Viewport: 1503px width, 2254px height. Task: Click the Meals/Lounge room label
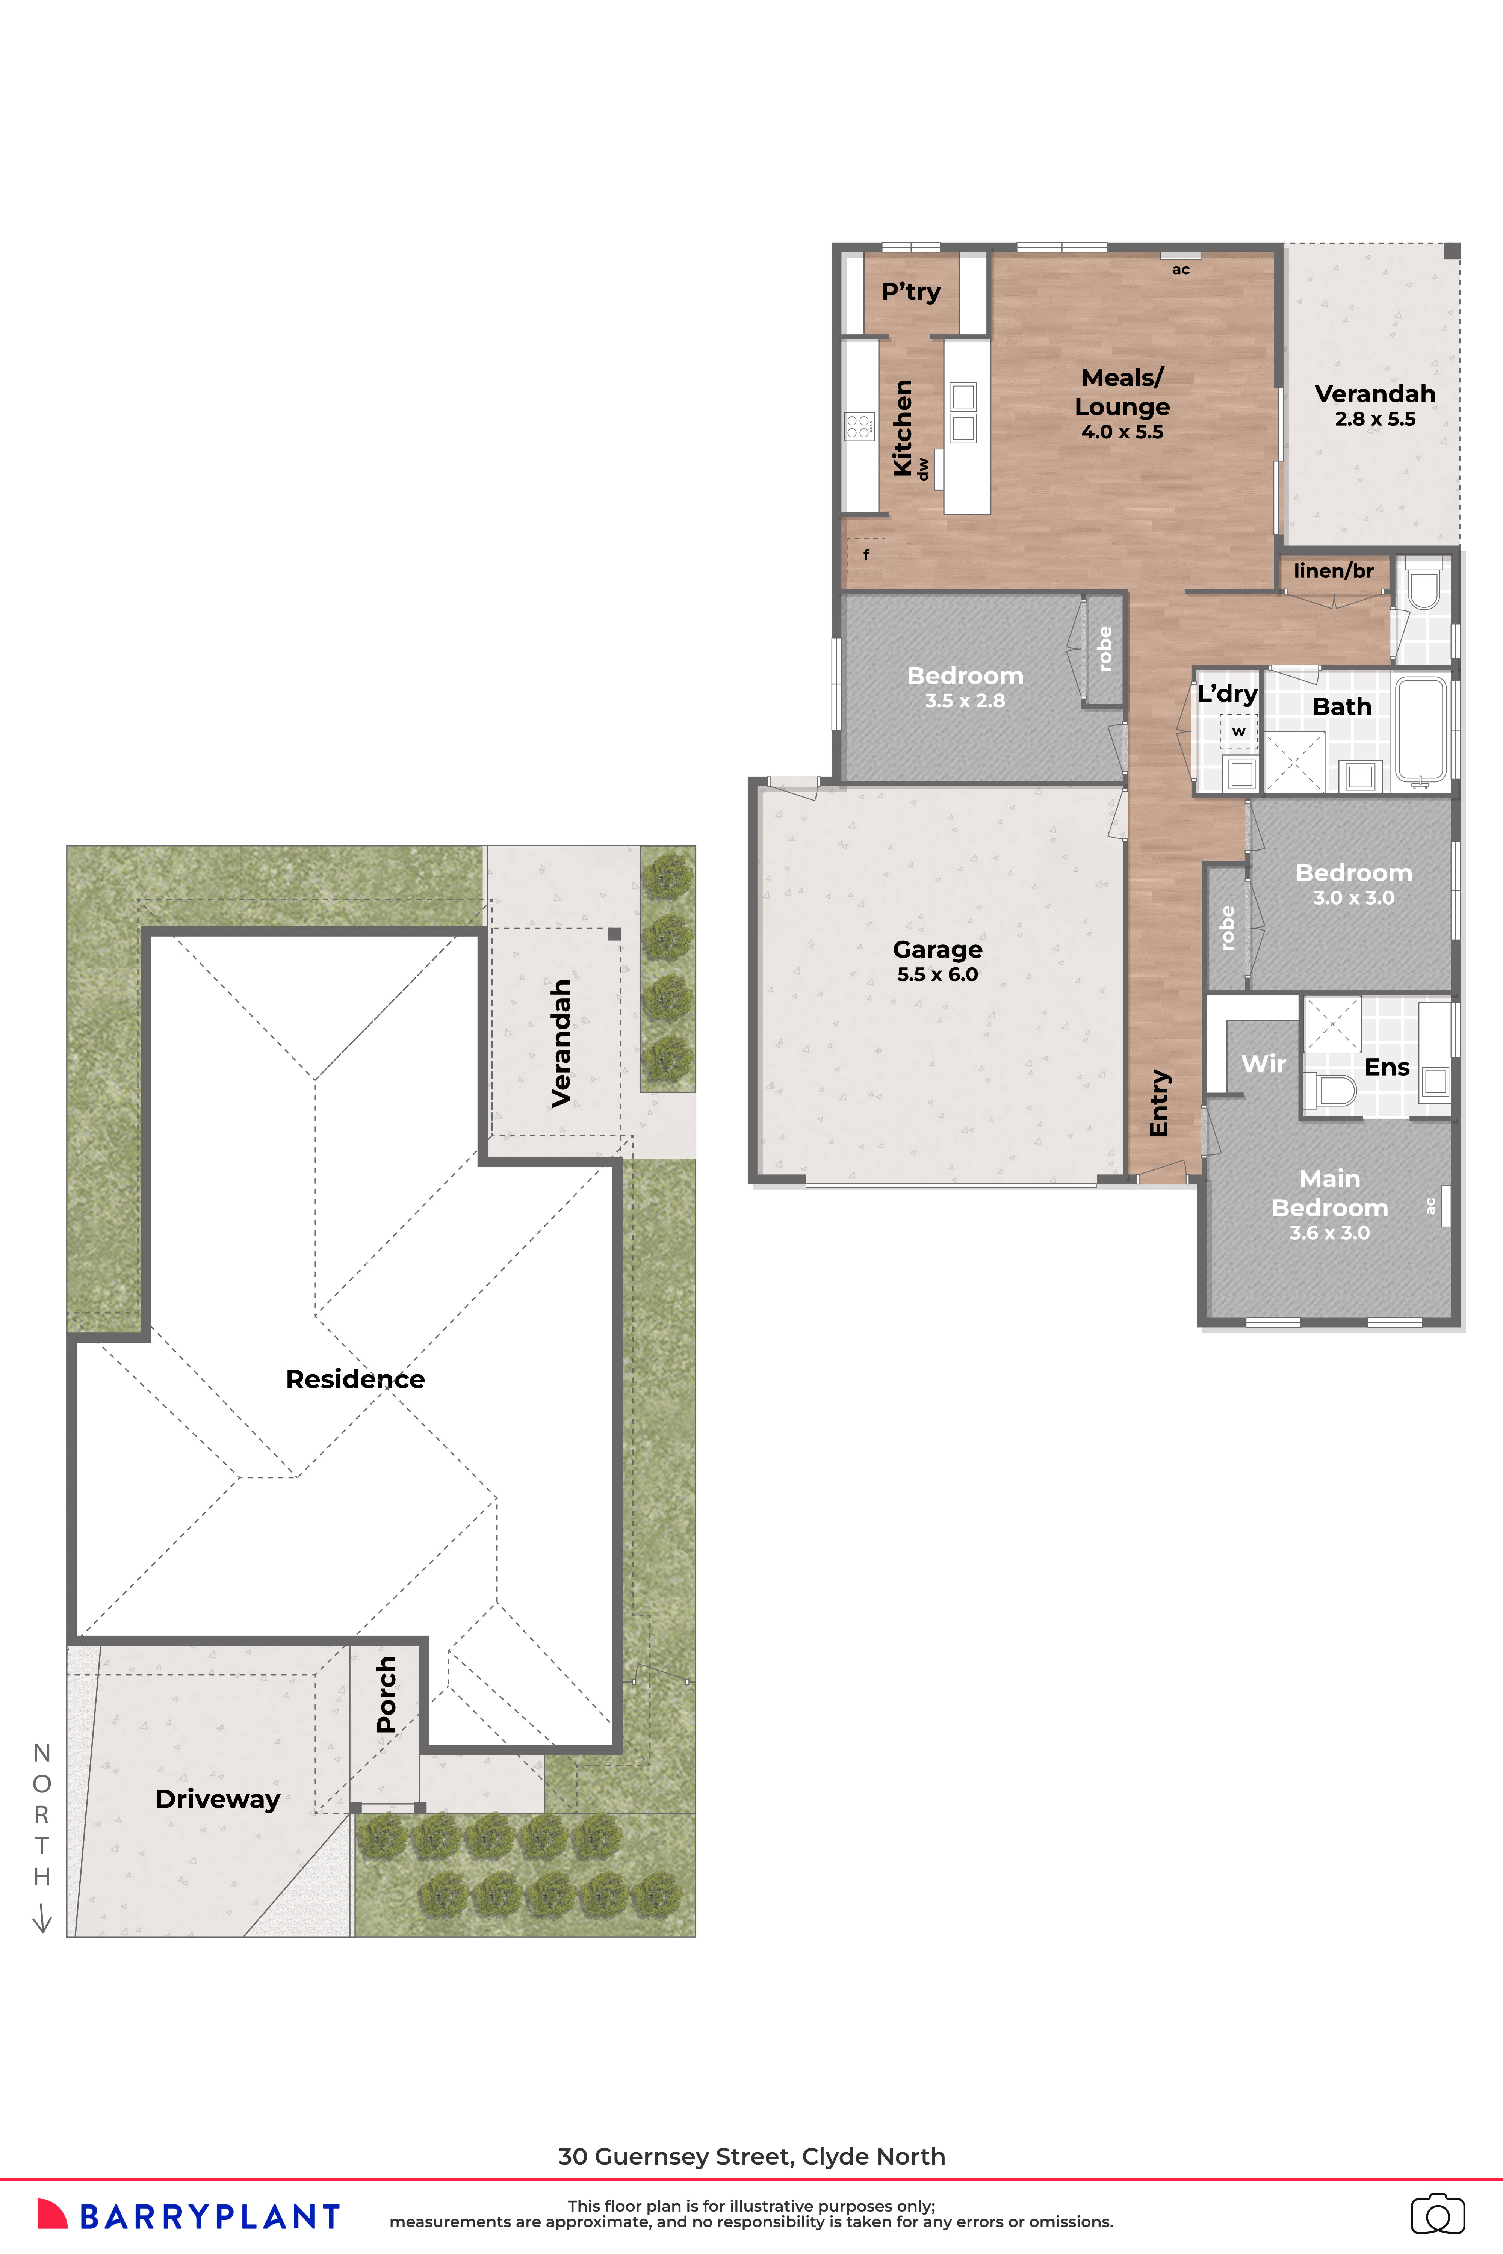click(1122, 392)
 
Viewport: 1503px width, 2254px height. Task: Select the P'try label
click(910, 292)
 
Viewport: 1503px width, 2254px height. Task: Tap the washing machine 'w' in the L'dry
click(1238, 731)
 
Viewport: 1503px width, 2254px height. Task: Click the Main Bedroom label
click(1329, 1193)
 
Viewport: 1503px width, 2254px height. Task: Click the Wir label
click(1263, 1064)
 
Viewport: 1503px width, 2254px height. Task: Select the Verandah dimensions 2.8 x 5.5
click(1374, 419)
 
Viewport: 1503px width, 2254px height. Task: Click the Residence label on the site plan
click(355, 1379)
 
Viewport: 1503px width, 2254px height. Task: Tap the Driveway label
click(218, 1799)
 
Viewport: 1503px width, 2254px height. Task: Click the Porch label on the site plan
click(386, 1694)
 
